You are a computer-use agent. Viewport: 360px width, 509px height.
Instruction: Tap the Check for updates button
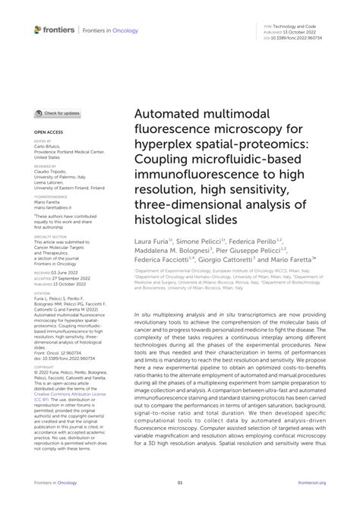pos(58,113)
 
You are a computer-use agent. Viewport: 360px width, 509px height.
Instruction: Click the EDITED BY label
pos(43,142)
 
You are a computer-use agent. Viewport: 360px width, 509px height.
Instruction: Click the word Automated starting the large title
pos(169,114)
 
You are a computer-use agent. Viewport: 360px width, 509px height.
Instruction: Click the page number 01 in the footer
pos(180,482)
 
